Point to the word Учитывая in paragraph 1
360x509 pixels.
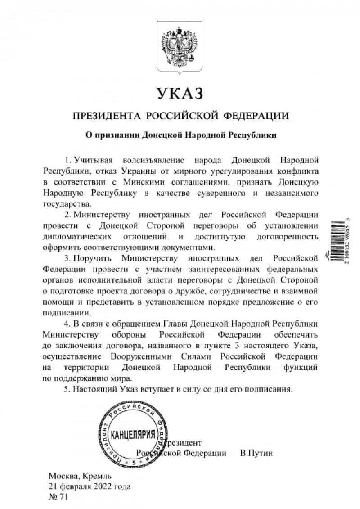click(93, 160)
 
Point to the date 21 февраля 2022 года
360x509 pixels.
click(90, 486)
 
